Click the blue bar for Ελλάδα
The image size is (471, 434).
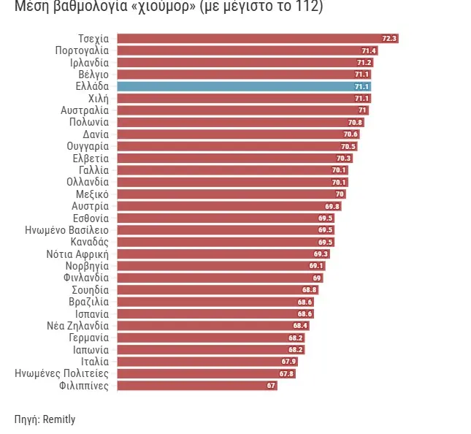point(244,86)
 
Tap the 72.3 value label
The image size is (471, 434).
point(389,38)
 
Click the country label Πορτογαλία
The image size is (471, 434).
point(82,50)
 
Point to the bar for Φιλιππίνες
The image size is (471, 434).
point(197,385)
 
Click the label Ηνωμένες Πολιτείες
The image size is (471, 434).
point(62,373)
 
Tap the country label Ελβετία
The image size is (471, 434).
point(91,158)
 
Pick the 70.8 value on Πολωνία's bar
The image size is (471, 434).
point(356,122)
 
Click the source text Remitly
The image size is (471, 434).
point(58,419)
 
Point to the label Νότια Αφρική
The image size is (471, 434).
point(77,254)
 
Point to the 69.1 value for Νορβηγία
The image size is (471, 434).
point(316,266)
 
